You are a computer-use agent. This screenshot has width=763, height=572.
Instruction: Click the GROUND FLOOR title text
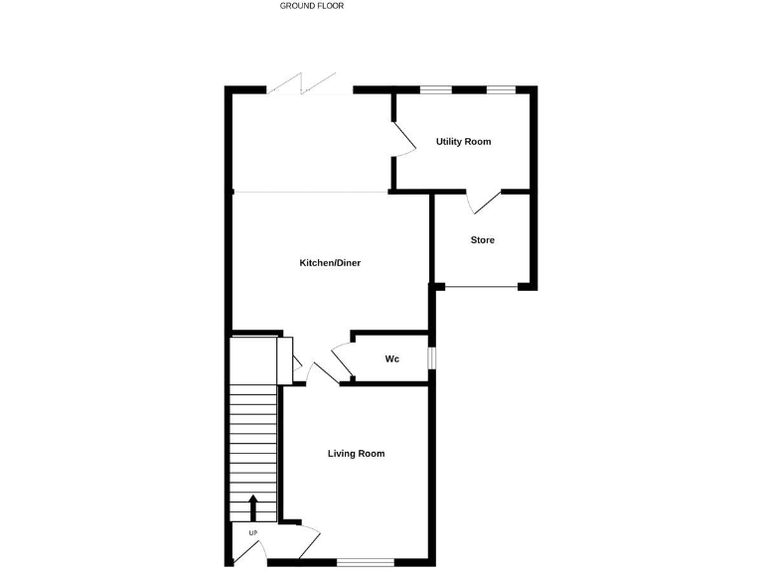312,6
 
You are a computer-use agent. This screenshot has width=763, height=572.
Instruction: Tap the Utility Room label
463,142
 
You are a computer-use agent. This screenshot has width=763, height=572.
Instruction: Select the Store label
482,240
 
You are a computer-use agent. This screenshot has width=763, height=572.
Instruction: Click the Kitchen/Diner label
330,263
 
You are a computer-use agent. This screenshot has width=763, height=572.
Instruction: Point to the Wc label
392,358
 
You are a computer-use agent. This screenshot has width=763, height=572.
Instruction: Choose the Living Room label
356,454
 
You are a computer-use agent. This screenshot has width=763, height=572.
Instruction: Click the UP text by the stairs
252,533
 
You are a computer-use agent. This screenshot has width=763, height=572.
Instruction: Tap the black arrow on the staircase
252,506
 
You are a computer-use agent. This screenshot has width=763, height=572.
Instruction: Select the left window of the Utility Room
434,90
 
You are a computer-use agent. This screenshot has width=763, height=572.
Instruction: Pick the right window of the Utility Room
501,90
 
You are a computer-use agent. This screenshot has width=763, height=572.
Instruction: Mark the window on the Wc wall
431,357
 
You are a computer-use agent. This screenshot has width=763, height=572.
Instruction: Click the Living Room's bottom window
365,562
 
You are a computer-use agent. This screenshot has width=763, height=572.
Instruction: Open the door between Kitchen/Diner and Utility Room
402,139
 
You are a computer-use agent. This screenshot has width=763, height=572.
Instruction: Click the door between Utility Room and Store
486,202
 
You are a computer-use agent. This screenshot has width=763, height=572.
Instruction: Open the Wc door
341,358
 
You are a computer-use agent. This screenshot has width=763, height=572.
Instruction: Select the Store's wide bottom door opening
481,288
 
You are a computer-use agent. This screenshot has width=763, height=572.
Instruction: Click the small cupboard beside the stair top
285,358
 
